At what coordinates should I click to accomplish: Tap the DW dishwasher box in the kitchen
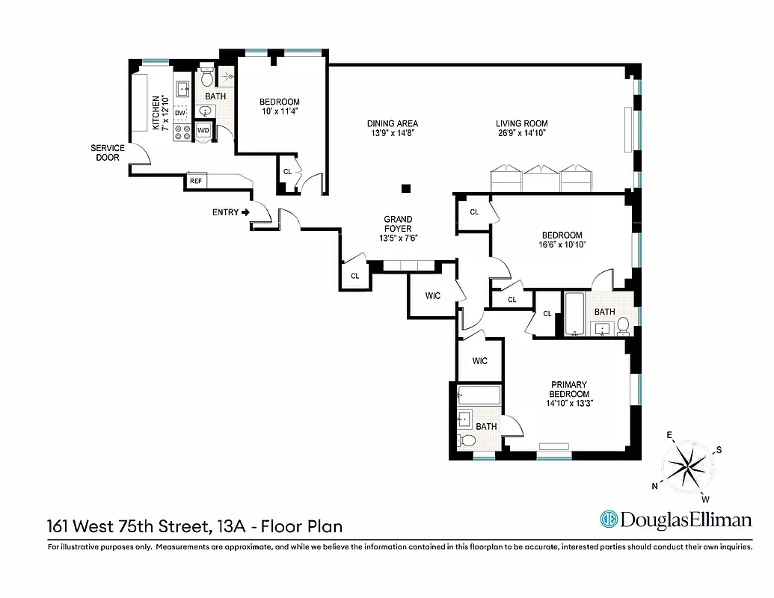180,114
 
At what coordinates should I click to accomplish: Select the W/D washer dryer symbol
203,131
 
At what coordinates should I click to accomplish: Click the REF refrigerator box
196,181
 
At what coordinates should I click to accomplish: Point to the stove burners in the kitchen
182,132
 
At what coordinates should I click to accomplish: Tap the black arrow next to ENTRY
245,212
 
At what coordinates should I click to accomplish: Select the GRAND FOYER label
398,229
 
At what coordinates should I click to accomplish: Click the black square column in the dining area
405,189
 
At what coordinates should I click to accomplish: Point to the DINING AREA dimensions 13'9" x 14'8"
392,133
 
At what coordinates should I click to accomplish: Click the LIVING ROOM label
521,124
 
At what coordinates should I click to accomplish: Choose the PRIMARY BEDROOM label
569,389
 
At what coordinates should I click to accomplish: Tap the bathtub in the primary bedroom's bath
479,395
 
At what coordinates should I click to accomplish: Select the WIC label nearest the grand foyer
433,296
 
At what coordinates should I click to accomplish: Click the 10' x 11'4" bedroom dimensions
279,112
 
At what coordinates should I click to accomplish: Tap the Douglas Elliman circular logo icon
609,520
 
